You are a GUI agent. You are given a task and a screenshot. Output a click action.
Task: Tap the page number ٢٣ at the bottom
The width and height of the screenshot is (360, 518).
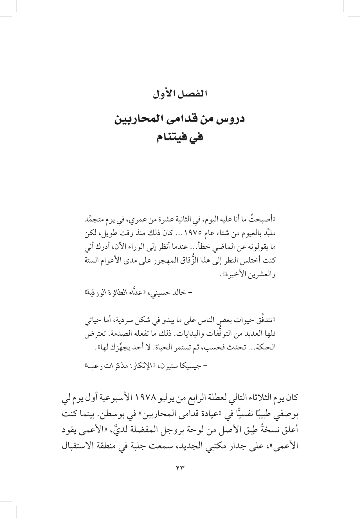(x=180, y=469)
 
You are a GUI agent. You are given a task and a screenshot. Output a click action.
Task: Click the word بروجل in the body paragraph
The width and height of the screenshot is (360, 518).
(x=181, y=430)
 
